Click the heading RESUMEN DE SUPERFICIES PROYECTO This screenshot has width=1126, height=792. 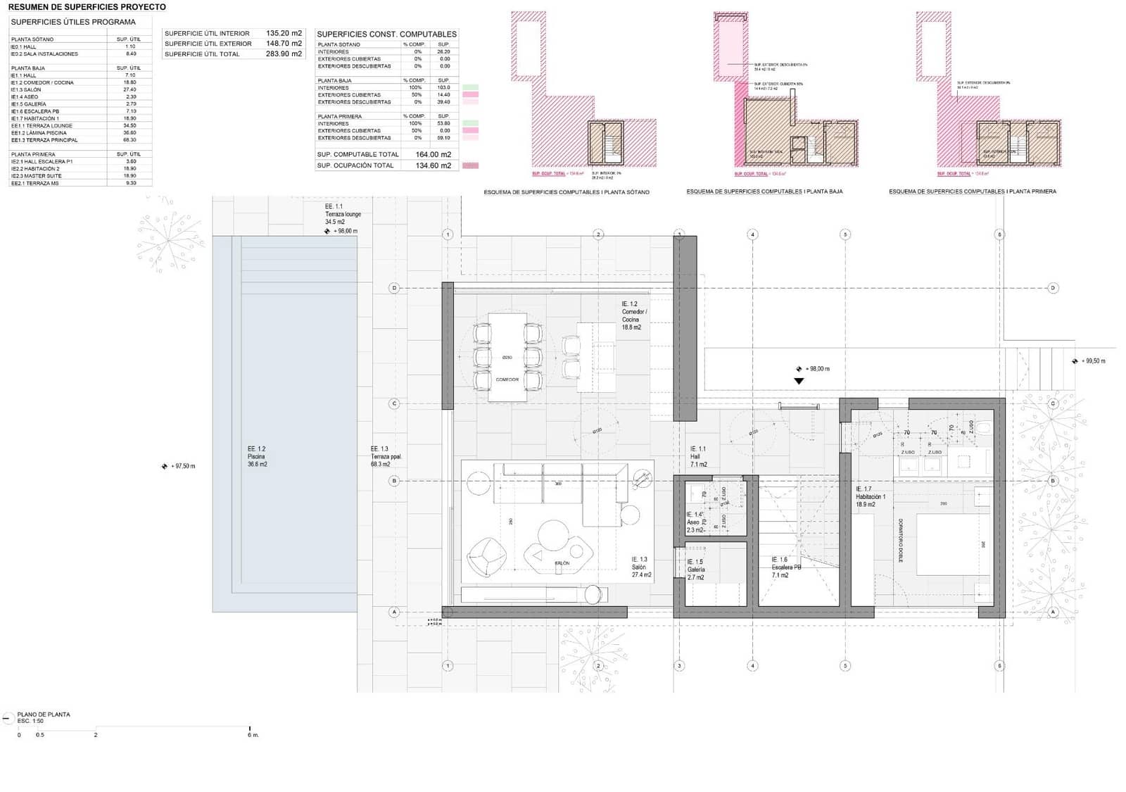(x=87, y=7)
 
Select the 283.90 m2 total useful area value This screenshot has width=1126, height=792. (x=284, y=54)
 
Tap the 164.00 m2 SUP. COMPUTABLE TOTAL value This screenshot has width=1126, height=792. (x=433, y=154)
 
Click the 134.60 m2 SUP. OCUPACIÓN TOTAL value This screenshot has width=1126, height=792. (x=433, y=165)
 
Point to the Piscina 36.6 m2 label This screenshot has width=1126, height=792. (x=257, y=456)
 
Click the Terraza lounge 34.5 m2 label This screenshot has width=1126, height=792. (x=342, y=214)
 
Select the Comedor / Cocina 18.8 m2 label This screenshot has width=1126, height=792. (x=633, y=315)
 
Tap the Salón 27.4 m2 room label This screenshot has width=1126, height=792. (x=640, y=567)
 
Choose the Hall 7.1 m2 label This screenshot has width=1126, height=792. (x=698, y=456)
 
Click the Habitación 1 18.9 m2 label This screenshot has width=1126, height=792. (x=870, y=496)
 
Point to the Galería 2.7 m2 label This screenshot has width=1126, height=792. (x=695, y=570)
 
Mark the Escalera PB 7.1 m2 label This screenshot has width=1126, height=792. (x=785, y=567)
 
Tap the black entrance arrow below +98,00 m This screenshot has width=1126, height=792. (x=799, y=381)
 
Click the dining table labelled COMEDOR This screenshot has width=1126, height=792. (x=507, y=357)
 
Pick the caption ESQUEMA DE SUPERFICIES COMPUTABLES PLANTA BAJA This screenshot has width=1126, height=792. (x=764, y=191)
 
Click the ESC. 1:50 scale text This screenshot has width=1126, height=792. (x=30, y=721)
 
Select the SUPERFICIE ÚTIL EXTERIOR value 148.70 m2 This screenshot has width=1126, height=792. (x=284, y=43)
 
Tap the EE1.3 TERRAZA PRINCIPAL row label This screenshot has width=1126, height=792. (x=44, y=139)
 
